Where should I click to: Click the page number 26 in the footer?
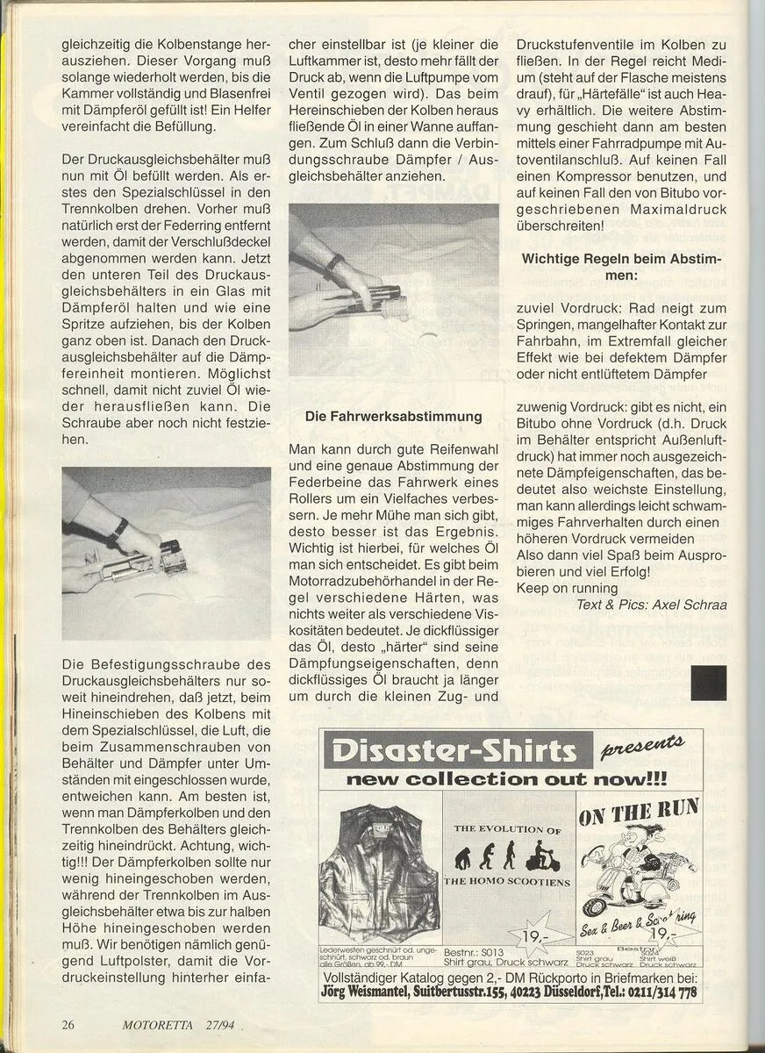(68, 1024)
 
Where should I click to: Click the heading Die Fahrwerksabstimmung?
(394, 416)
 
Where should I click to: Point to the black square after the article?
(708, 682)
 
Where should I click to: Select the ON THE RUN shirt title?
(639, 812)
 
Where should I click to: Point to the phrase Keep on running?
(568, 588)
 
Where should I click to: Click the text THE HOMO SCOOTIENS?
(507, 882)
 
